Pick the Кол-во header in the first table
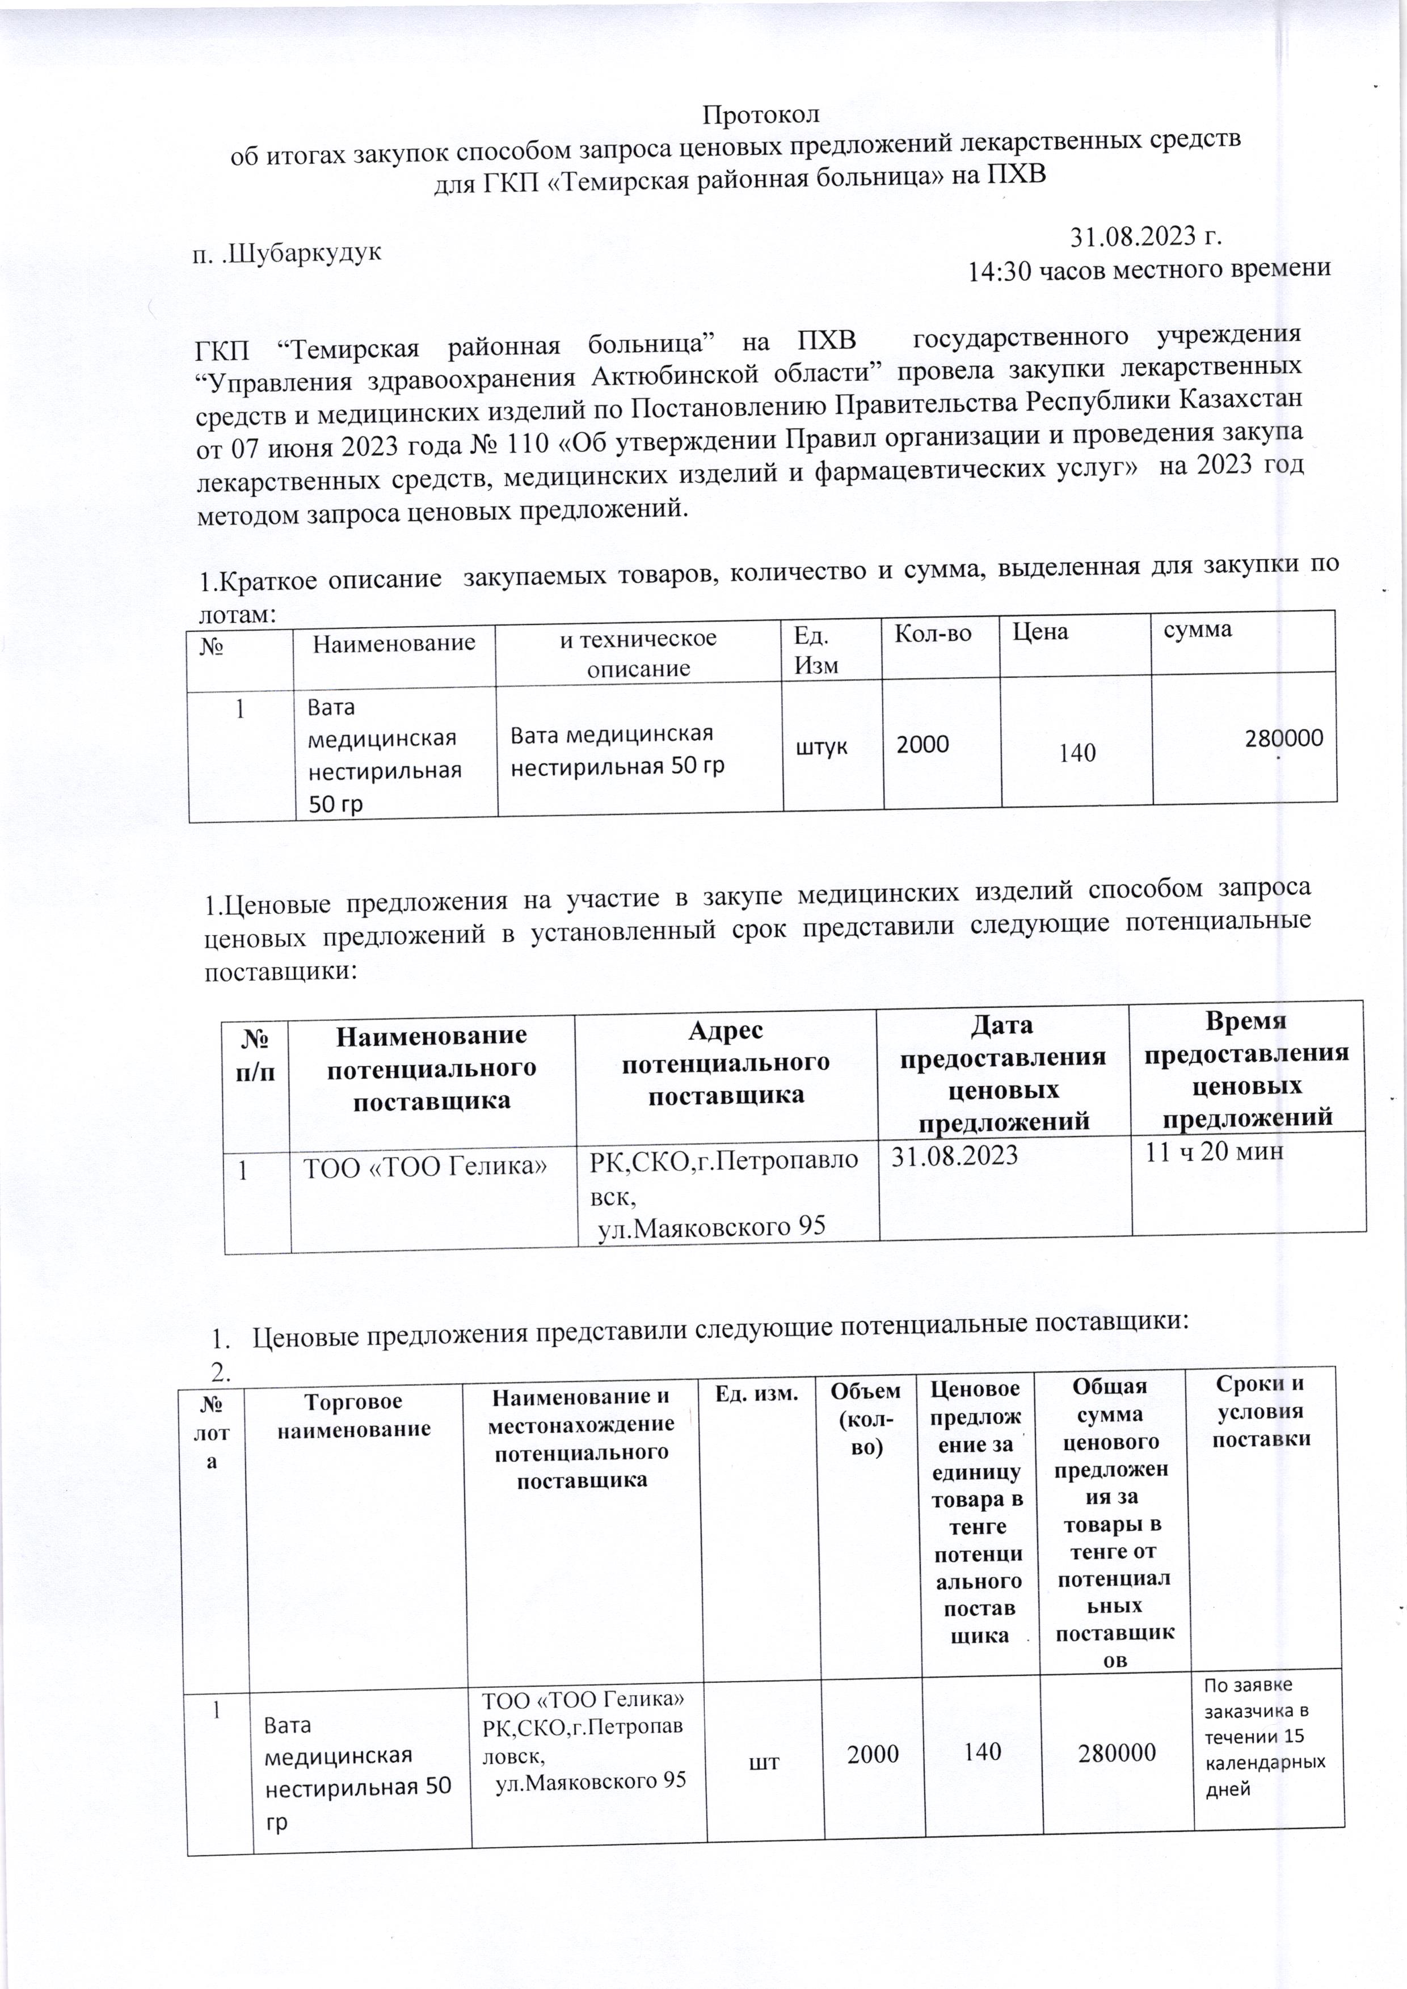pyautogui.click(x=932, y=632)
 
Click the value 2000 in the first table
pyautogui.click(x=922, y=744)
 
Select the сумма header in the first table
pyautogui.click(x=1197, y=630)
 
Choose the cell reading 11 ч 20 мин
pyautogui.click(x=1214, y=1152)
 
